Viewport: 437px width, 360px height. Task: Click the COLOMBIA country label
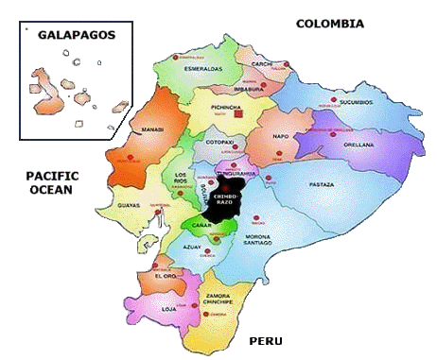point(330,24)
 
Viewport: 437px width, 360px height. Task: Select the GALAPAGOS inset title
point(76,35)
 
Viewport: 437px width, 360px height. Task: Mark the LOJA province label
point(168,308)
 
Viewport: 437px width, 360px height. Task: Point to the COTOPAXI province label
point(218,143)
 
